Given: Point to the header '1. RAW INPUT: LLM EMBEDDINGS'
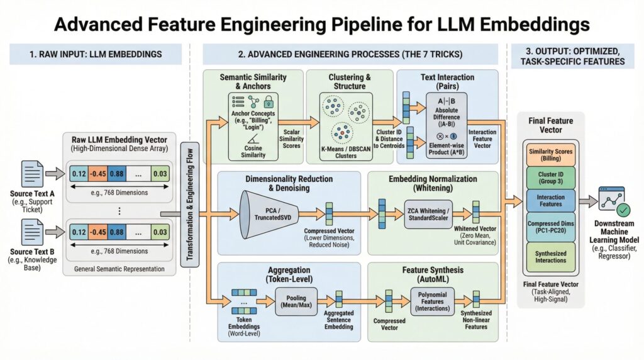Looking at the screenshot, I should [95, 54].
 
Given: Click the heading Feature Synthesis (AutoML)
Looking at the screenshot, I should [433, 274].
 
